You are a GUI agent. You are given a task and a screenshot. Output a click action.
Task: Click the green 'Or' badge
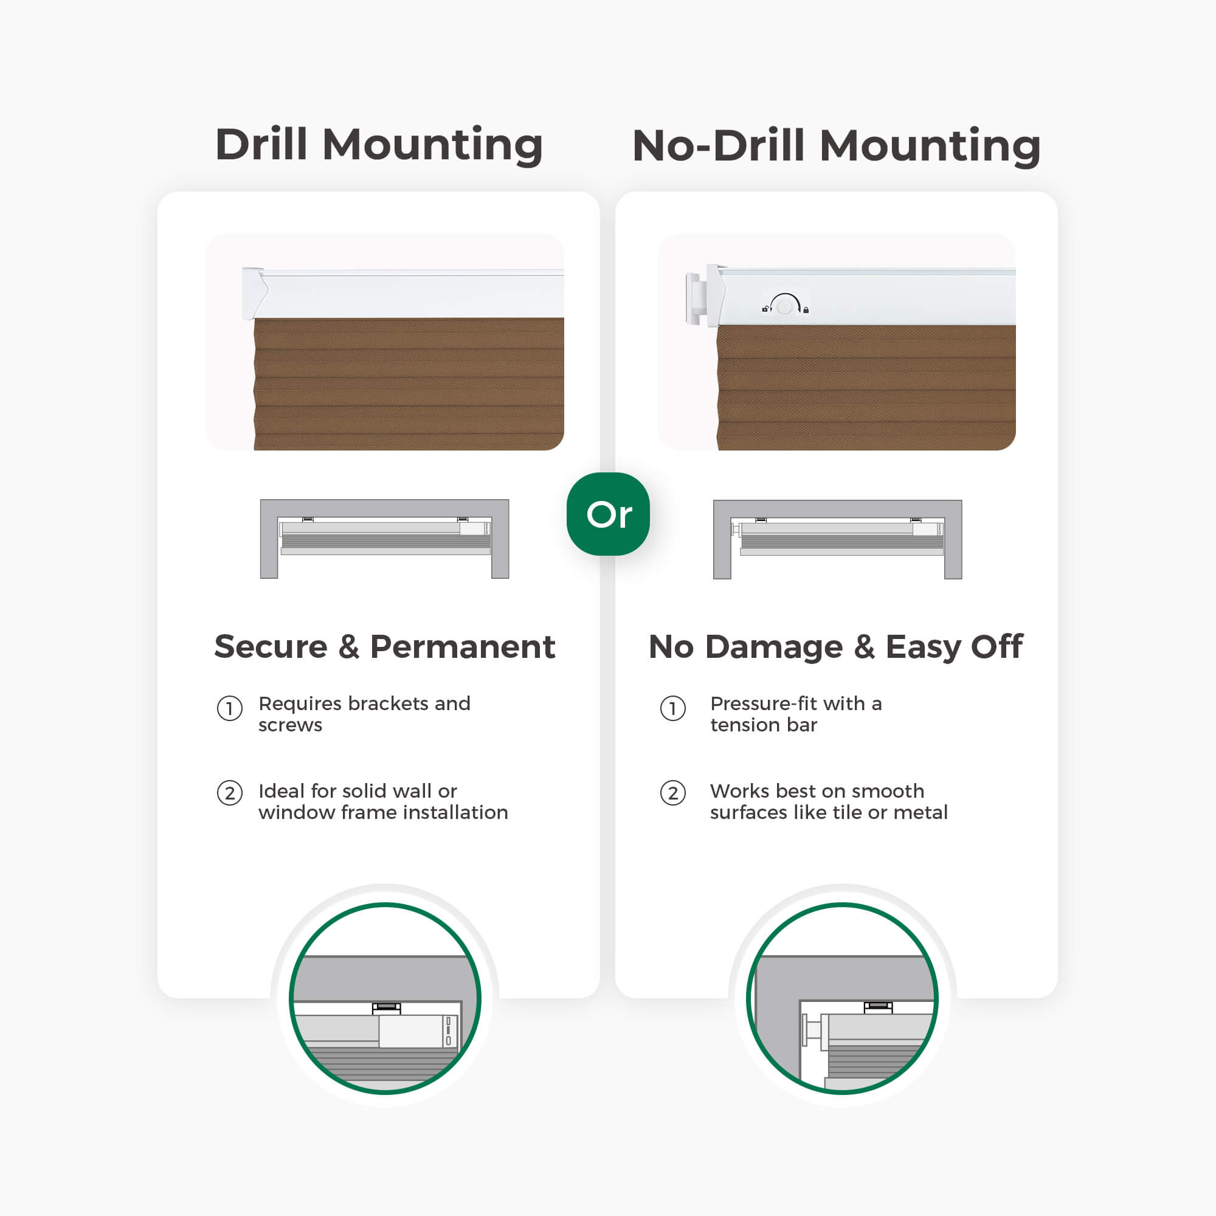(608, 514)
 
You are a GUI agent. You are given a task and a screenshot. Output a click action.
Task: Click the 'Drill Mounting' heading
(379, 145)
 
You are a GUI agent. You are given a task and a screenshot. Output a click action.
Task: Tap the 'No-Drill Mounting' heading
(837, 145)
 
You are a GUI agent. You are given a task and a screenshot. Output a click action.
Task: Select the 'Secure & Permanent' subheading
(385, 646)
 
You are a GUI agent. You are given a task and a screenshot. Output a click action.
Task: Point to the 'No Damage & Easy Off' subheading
(836, 646)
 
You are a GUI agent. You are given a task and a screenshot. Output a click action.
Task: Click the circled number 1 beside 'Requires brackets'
(230, 709)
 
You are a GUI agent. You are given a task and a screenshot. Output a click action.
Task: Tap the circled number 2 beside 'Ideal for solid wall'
(230, 793)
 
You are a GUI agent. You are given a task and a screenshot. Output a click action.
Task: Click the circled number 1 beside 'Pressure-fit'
(673, 709)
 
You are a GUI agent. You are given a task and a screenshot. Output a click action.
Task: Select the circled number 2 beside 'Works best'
(673, 793)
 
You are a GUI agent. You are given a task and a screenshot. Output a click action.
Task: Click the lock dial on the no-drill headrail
(785, 306)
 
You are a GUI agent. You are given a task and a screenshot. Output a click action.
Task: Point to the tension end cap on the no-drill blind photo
(693, 299)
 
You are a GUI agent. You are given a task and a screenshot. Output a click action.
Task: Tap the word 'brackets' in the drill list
(397, 703)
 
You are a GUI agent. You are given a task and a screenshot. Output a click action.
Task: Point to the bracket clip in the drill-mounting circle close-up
(387, 1007)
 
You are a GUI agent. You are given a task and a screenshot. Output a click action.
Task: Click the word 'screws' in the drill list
(290, 726)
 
